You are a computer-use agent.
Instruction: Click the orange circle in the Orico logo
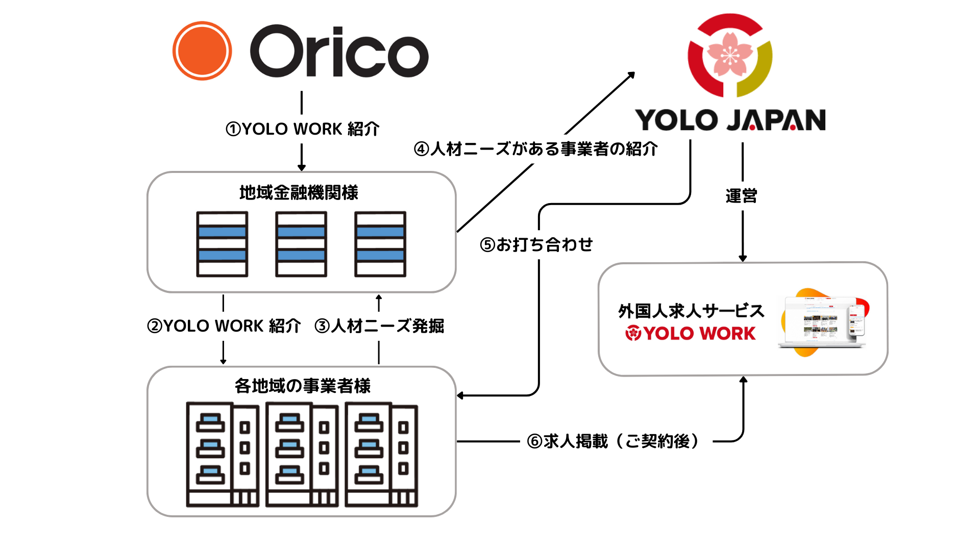point(202,51)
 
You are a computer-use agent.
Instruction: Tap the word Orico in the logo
point(339,52)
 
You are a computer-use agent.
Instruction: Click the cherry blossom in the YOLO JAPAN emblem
point(730,54)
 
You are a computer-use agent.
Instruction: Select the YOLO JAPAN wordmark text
point(730,120)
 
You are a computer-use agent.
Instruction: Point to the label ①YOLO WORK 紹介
point(302,129)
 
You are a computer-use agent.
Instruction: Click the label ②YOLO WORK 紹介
point(224,326)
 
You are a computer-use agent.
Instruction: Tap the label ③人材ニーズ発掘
point(379,326)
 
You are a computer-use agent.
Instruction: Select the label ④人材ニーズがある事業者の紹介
point(535,149)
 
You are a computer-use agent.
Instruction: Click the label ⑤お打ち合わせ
point(536,245)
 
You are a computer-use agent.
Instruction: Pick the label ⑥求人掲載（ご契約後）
point(612,441)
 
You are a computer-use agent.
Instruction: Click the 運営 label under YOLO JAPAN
point(742,196)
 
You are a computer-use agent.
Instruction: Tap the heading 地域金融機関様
point(299,193)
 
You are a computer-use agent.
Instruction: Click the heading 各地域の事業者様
point(303,386)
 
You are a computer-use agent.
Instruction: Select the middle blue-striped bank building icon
point(301,244)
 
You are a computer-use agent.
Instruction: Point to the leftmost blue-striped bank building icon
point(222,244)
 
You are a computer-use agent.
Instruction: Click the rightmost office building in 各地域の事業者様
point(381,455)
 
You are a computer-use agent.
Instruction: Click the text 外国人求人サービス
point(691,311)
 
